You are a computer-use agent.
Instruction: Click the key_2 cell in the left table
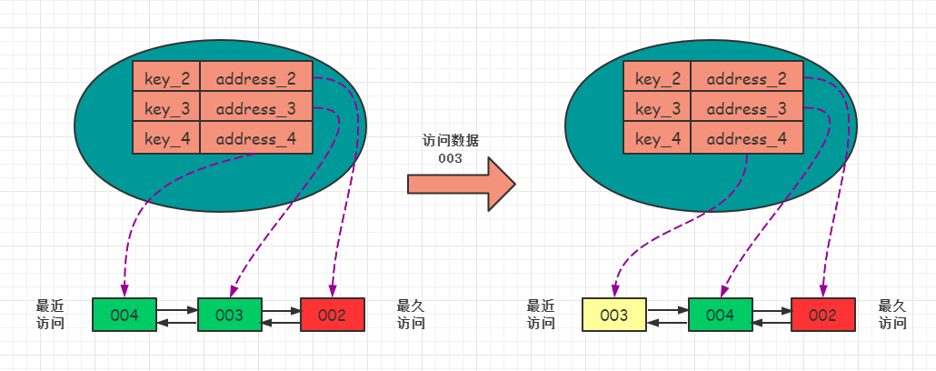click(x=165, y=79)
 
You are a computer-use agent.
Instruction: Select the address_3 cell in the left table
click(x=256, y=109)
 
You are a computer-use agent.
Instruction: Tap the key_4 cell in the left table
click(x=165, y=139)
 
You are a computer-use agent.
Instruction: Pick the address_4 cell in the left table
click(x=256, y=139)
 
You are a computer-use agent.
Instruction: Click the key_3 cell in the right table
click(x=657, y=109)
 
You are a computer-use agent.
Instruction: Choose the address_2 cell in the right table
click(x=747, y=79)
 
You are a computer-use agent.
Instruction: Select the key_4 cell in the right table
click(x=657, y=139)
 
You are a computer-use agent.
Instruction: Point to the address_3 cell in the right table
click(x=747, y=109)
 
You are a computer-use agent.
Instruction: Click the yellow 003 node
click(x=613, y=315)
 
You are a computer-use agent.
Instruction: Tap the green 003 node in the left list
click(x=230, y=315)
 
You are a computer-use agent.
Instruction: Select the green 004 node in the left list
click(x=124, y=315)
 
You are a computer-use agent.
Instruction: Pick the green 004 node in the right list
click(x=720, y=315)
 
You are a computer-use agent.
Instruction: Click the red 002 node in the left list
click(x=333, y=315)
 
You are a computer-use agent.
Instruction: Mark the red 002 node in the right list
click(x=823, y=315)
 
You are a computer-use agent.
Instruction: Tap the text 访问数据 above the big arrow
click(x=451, y=141)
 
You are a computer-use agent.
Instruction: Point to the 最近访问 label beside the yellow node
click(x=541, y=315)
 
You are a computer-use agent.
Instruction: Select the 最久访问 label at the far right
click(x=893, y=315)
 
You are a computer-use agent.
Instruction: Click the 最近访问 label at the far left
click(x=50, y=315)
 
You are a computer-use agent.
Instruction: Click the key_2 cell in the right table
click(x=657, y=79)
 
